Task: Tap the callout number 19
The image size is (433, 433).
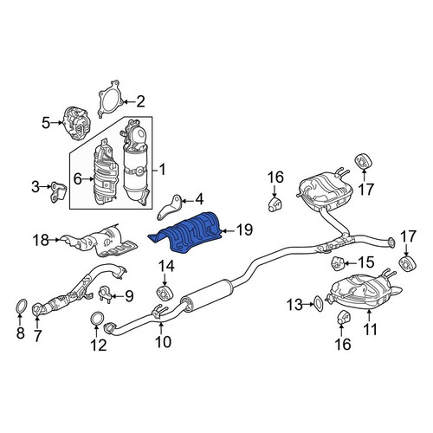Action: tap(244, 230)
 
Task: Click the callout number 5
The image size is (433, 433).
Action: tap(46, 123)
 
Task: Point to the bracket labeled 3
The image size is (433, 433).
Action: tap(59, 192)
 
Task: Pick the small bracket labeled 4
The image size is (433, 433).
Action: tap(170, 207)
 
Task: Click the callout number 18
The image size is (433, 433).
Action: tap(41, 240)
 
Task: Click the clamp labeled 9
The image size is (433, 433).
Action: tap(106, 294)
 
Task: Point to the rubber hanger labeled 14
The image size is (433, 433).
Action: tap(165, 292)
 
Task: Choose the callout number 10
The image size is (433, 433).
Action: tap(163, 341)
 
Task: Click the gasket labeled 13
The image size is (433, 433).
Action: tap(318, 304)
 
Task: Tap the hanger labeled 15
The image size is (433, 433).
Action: tap(336, 263)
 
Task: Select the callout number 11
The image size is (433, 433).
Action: tap(371, 329)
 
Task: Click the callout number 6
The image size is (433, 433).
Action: tap(78, 179)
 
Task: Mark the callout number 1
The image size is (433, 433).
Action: tap(163, 170)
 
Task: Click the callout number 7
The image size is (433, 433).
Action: tap(37, 335)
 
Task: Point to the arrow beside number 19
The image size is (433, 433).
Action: tap(228, 230)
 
